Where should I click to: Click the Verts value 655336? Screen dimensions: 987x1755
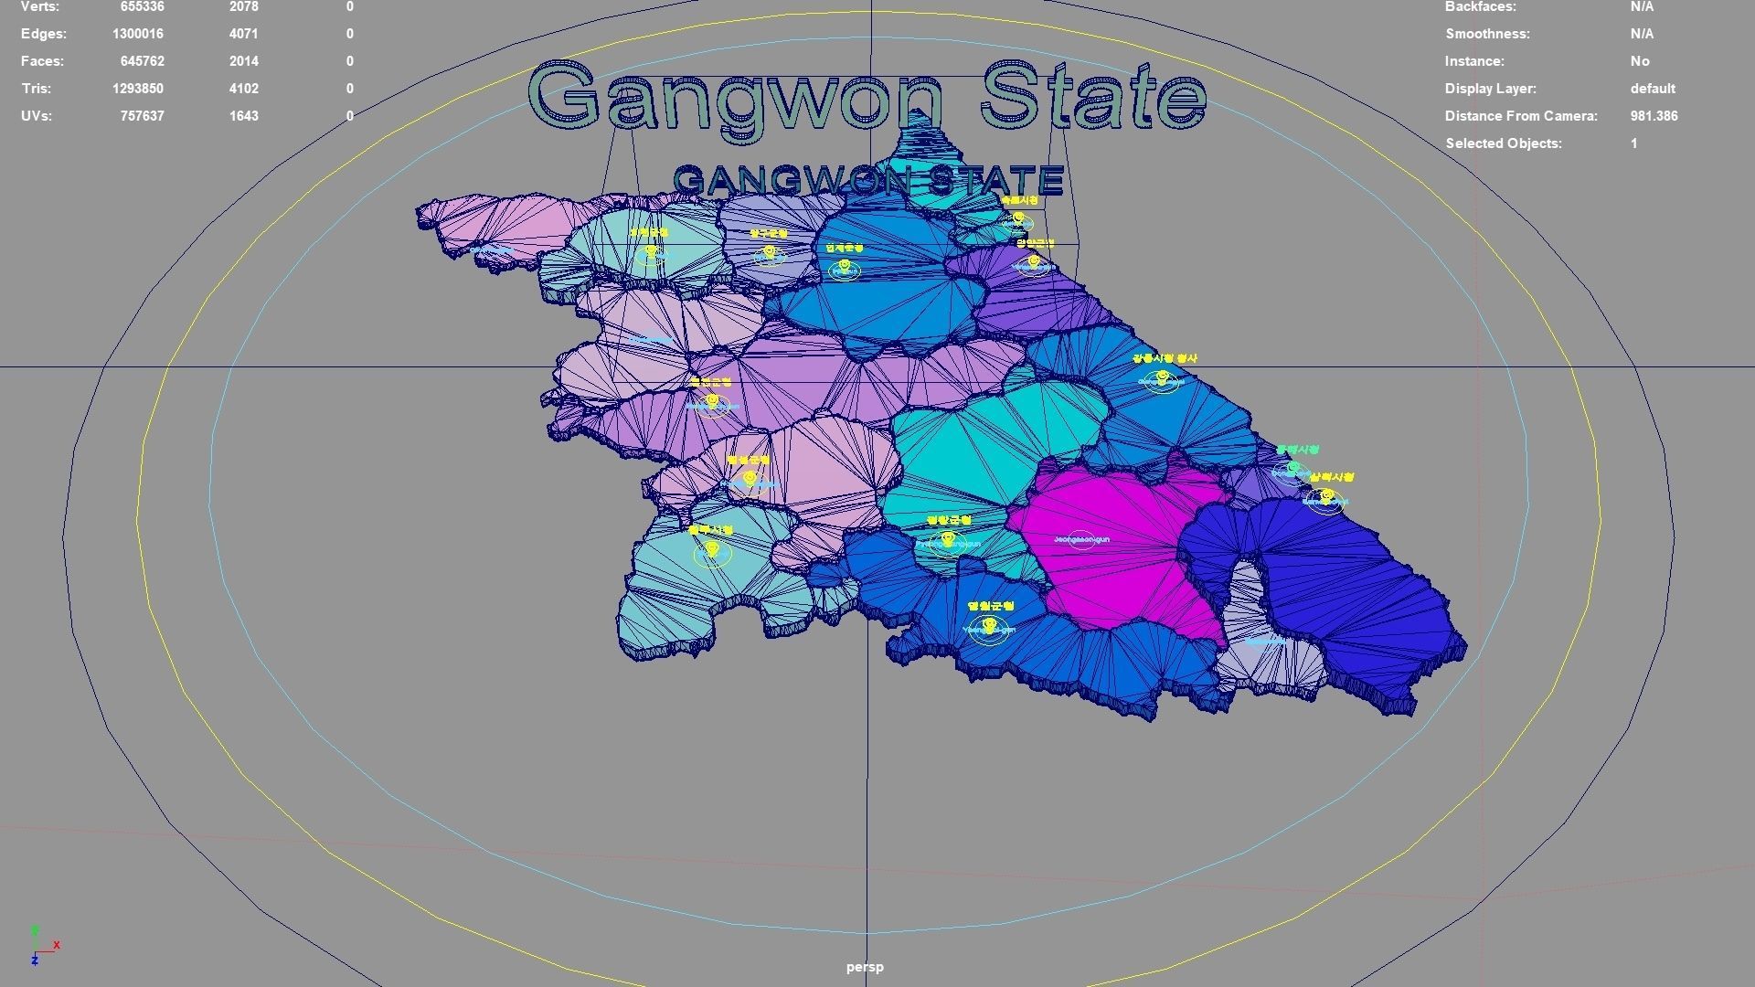142,7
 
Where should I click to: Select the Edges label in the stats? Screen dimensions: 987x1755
44,34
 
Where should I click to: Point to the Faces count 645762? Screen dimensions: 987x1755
142,61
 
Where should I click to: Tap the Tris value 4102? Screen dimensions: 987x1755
244,89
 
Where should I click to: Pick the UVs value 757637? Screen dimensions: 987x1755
142,116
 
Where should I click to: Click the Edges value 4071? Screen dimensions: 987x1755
244,34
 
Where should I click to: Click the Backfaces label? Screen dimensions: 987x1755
1480,7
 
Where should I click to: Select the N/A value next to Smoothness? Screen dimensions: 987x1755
1642,34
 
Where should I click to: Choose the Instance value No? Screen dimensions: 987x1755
1640,61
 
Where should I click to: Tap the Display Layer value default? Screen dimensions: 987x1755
1653,89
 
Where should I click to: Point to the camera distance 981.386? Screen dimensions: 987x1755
1654,116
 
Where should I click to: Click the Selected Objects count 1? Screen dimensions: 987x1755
1633,143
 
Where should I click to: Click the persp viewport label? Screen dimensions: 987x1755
865,967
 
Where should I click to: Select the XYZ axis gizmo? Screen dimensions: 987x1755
40,945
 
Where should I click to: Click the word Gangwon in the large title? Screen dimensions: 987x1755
736,99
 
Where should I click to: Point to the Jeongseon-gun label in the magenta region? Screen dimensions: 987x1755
1081,540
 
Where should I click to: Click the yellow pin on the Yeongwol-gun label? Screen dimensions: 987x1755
989,626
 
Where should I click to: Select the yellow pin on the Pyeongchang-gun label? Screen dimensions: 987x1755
948,540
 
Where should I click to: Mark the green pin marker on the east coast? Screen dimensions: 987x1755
1293,468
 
